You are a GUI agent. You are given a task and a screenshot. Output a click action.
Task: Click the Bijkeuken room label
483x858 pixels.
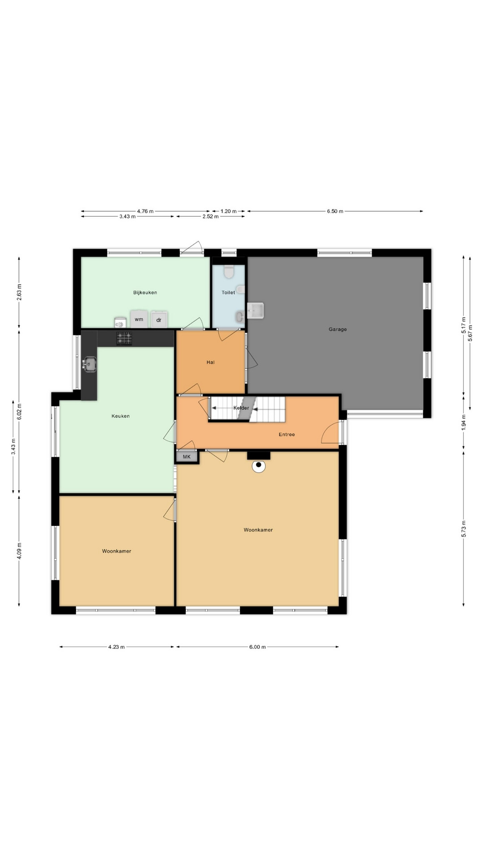tap(145, 293)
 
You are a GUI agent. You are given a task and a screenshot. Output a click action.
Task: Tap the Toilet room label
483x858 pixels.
tap(228, 293)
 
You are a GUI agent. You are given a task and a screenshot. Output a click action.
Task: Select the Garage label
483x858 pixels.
tap(338, 329)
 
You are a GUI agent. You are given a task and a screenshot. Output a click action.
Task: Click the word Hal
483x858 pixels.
tap(211, 362)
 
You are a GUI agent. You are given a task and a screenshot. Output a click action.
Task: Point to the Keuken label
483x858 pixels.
tap(121, 416)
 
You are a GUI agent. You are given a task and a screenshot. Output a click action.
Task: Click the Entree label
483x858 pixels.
tap(287, 434)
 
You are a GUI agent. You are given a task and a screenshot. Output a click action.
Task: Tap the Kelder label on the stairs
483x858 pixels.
tap(241, 408)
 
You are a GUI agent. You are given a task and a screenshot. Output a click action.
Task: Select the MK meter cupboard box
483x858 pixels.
tap(187, 457)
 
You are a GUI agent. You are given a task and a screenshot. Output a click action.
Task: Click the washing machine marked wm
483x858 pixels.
tap(139, 319)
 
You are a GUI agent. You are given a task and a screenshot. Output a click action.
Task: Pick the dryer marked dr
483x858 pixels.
tap(159, 320)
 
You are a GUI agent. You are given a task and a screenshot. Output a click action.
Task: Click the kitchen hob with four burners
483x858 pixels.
tap(124, 338)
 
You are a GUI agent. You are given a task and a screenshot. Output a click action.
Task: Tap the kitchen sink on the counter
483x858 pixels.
tap(89, 364)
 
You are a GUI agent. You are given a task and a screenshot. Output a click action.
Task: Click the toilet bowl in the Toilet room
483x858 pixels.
tap(229, 271)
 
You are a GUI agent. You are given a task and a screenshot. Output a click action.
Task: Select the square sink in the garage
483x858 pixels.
tap(256, 310)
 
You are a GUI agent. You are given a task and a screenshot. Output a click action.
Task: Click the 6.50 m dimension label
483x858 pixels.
tap(335, 211)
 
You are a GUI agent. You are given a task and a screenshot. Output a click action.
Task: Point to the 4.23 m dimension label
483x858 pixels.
tap(116, 647)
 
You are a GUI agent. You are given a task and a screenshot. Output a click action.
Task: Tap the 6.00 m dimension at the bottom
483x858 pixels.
tap(258, 647)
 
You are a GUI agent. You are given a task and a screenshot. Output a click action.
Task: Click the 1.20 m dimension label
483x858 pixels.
tap(228, 211)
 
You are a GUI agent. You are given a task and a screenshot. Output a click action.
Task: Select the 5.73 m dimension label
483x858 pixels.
tap(463, 529)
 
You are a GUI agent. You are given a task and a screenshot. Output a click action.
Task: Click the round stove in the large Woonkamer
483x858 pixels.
tap(258, 466)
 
